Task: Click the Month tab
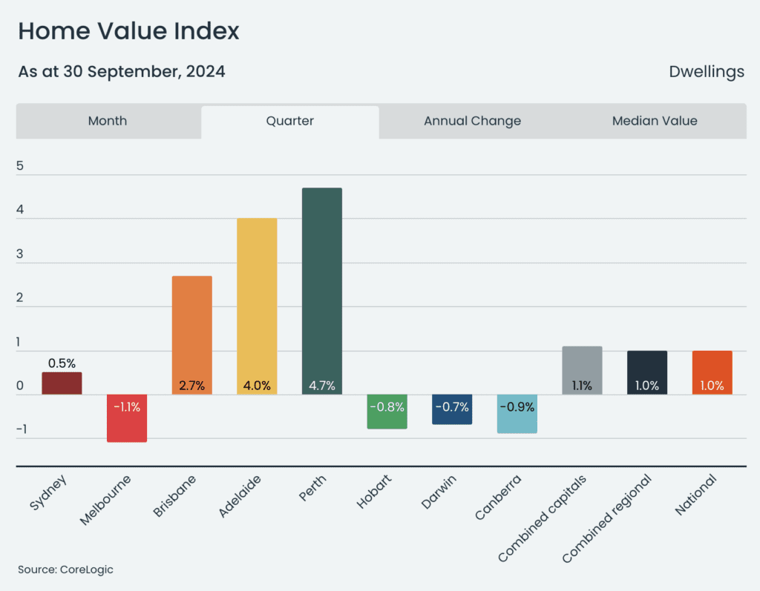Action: click(108, 121)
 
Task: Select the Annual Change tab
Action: click(473, 121)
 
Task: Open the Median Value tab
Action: click(655, 121)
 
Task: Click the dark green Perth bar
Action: click(322, 291)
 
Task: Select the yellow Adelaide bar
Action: click(257, 306)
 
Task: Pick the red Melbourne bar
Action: click(127, 418)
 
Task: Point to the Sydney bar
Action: click(62, 383)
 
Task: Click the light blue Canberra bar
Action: click(517, 414)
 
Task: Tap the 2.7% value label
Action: click(192, 386)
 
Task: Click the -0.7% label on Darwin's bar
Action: click(452, 407)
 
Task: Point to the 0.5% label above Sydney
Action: click(62, 363)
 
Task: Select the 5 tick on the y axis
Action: click(20, 165)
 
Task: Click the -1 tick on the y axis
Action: click(22, 429)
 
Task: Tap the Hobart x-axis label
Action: click(374, 491)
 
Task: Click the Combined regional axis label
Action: click(607, 518)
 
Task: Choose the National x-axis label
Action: click(695, 495)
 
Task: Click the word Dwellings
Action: click(707, 72)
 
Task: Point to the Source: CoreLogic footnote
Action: click(65, 569)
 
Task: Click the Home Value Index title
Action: click(129, 31)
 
